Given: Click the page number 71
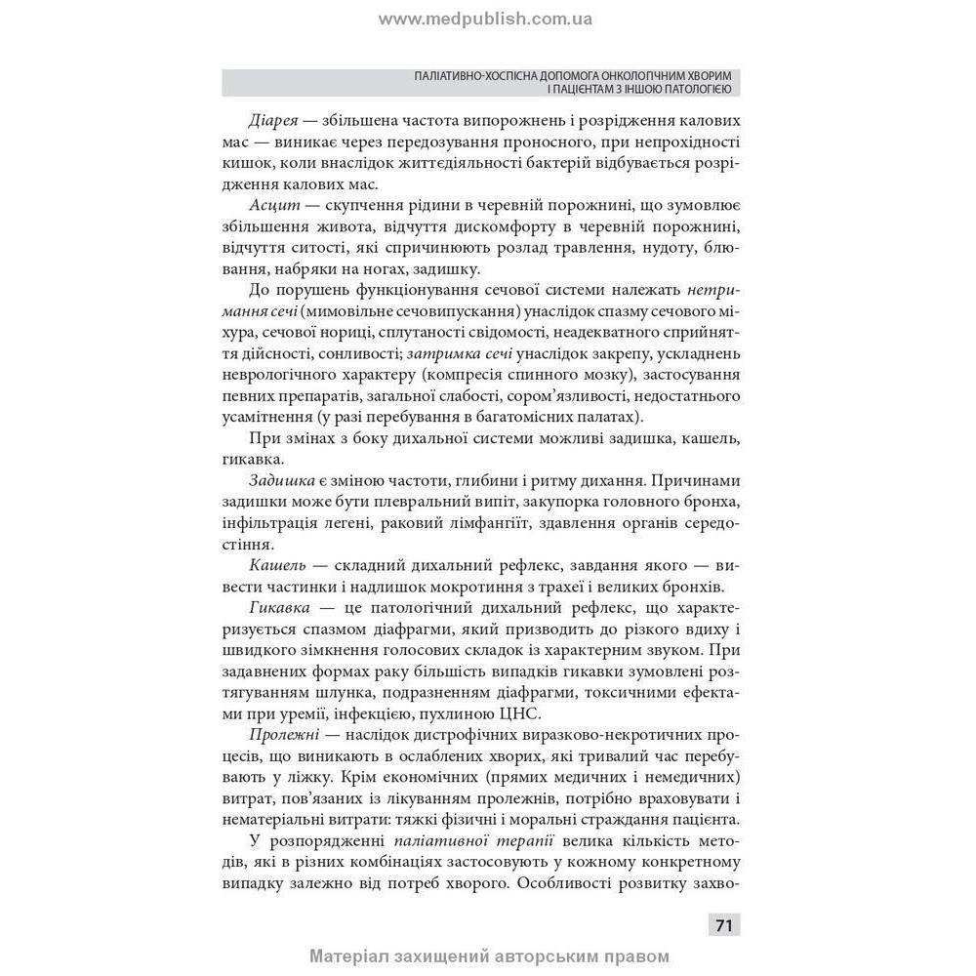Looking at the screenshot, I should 723,925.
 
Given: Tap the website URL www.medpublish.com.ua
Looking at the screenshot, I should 485,19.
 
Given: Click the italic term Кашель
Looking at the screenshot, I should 278,566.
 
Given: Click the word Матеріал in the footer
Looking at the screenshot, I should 354,956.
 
